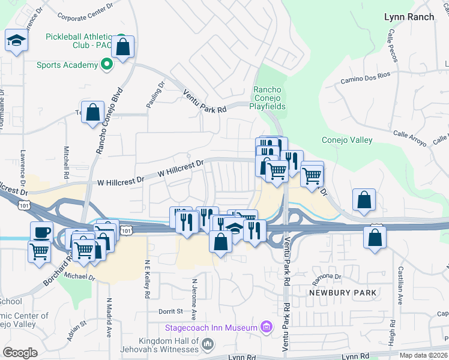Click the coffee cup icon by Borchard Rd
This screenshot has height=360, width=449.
41,232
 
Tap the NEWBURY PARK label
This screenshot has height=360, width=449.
343,293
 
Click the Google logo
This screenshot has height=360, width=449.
20,352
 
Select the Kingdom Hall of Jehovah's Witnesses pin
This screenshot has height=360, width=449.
208,344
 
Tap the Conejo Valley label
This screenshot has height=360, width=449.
347,140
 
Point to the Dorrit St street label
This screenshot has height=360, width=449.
170,311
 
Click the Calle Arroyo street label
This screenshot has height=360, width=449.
411,139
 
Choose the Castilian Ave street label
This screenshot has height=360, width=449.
399,287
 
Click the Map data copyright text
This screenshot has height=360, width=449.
424,355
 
